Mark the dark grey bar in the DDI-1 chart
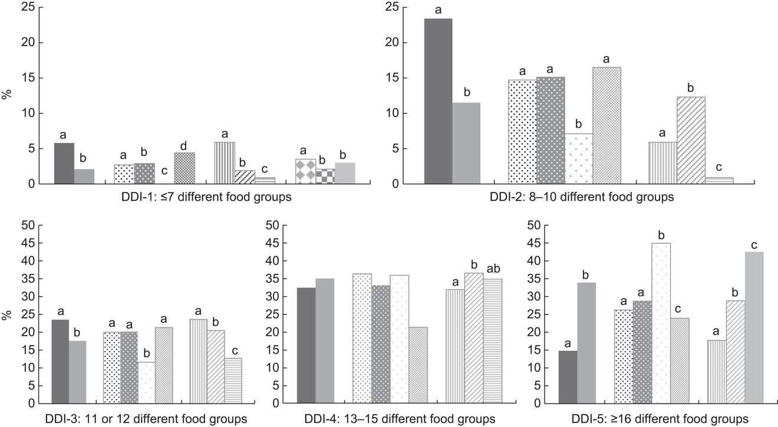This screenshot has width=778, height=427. pos(64,164)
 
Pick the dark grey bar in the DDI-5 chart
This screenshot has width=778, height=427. pos(568,377)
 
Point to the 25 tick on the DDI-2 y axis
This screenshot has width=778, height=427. pos(391,7)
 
